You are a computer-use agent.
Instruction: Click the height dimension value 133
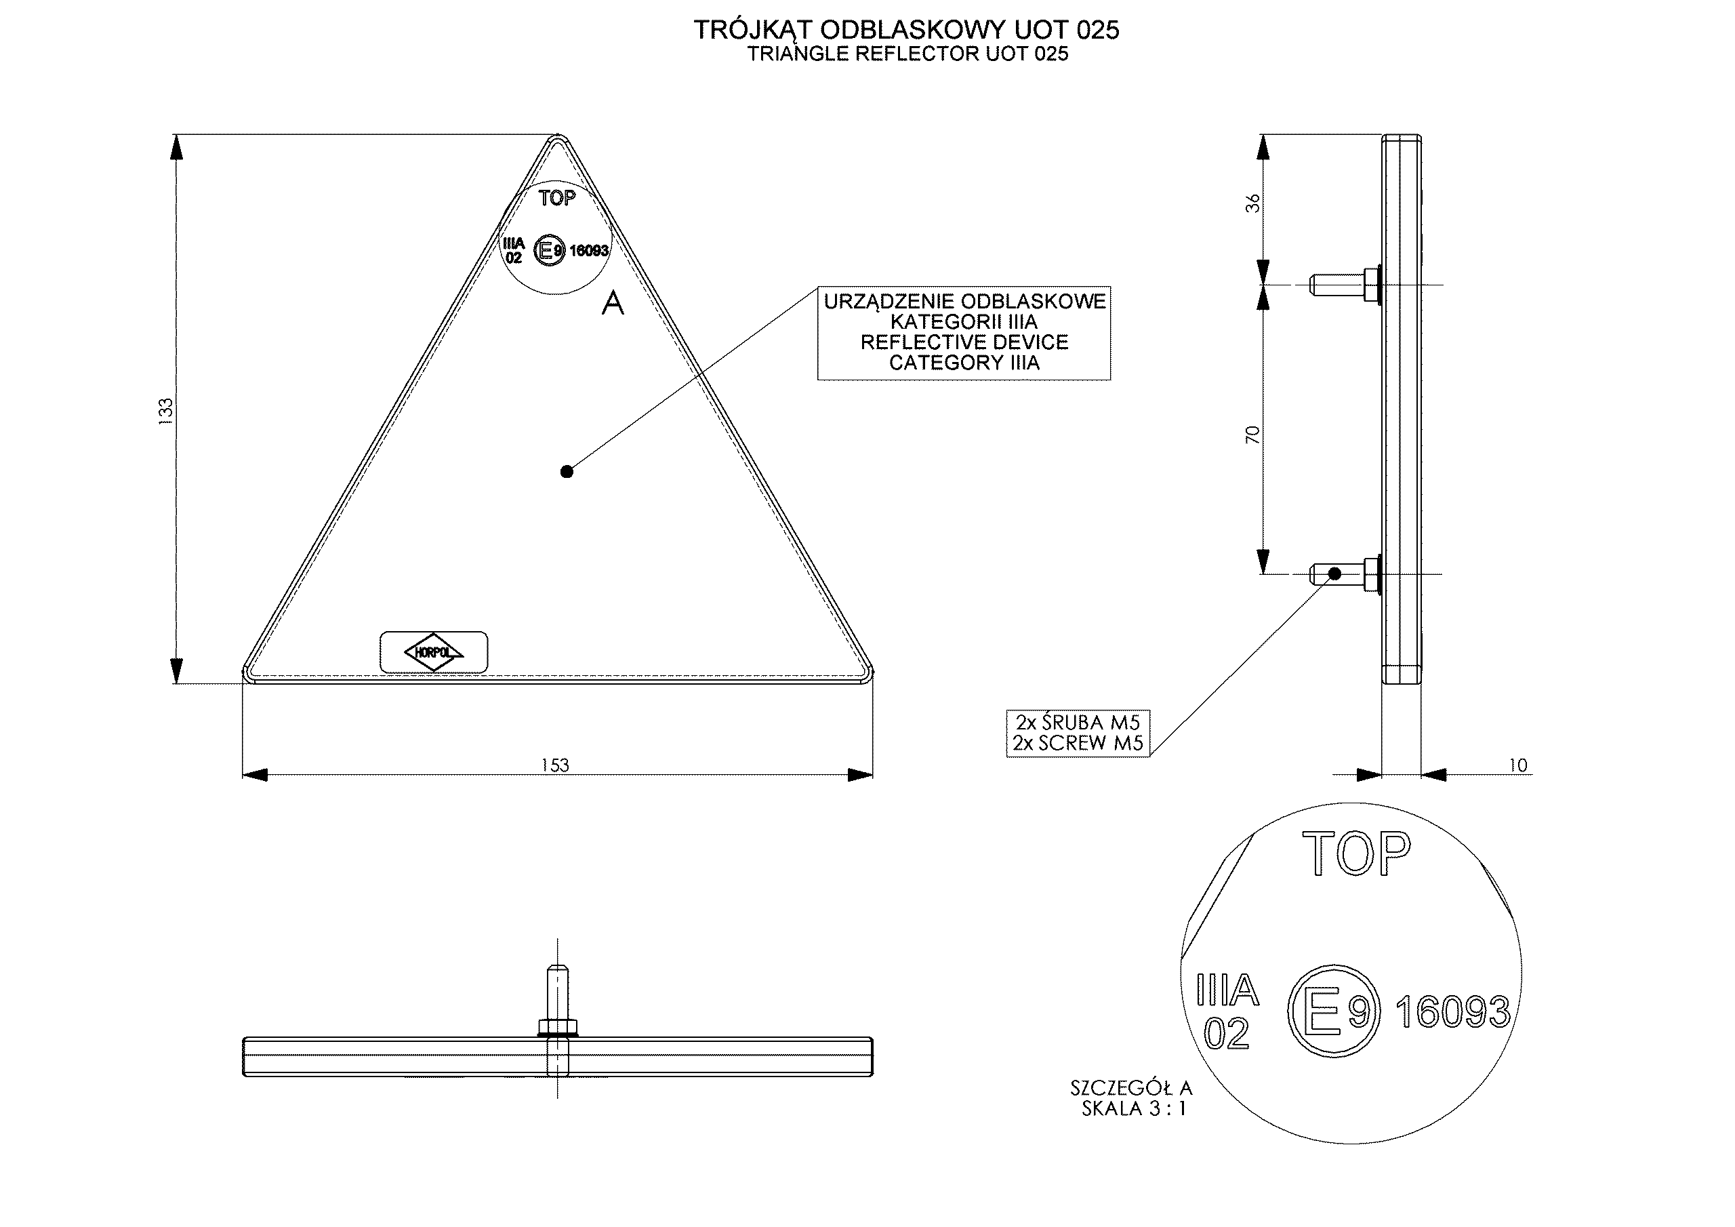(x=165, y=411)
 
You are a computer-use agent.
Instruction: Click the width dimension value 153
(x=554, y=765)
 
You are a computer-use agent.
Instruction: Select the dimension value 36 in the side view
(x=1253, y=203)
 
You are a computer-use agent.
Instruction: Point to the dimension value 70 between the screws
(x=1253, y=434)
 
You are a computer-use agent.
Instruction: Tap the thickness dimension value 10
(x=1518, y=765)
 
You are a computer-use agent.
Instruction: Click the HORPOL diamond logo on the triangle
(x=434, y=651)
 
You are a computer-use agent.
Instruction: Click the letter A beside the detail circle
(x=612, y=302)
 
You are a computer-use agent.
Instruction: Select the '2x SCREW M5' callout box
(x=1078, y=733)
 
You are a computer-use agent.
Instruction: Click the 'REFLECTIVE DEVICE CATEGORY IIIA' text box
(x=964, y=333)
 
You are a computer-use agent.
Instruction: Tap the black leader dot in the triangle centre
(x=567, y=472)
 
